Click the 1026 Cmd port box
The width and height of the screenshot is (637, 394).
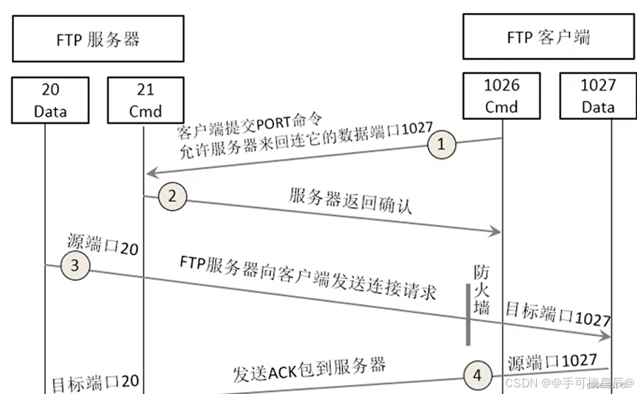[x=501, y=96]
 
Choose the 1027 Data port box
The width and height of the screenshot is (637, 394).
[x=597, y=96]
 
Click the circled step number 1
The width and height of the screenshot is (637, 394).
[x=441, y=144]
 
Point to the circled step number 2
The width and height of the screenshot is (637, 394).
[x=172, y=196]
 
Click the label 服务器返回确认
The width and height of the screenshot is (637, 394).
[x=350, y=201]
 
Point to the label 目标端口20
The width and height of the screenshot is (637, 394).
[x=94, y=384]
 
